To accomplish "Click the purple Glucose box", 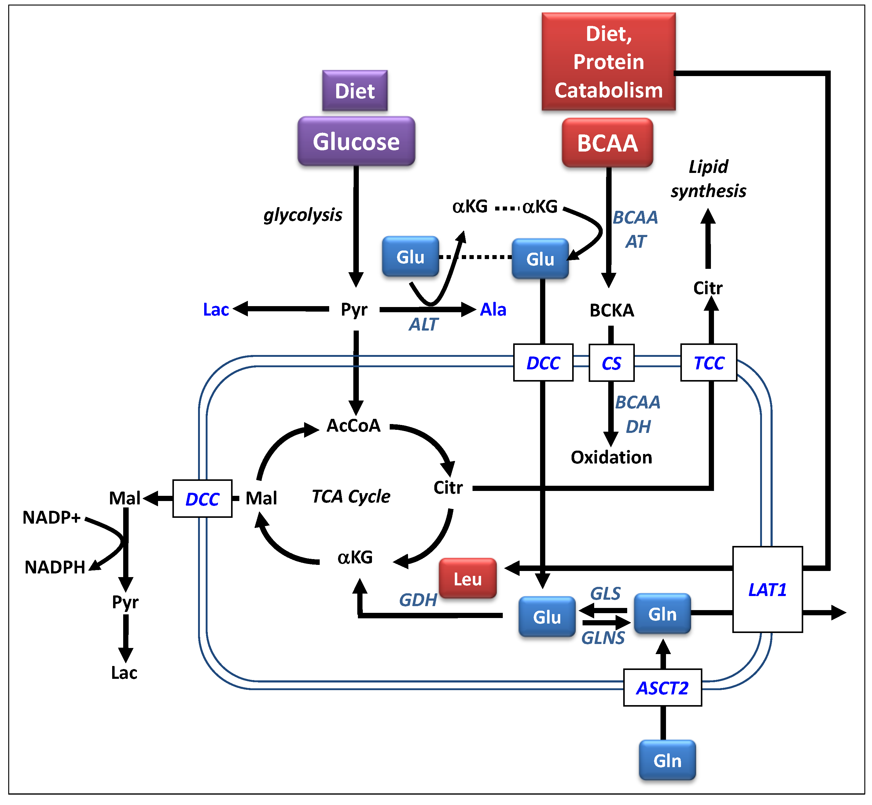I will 356,141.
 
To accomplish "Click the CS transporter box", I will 611,363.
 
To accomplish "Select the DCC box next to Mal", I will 202,499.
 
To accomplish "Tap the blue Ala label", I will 493,309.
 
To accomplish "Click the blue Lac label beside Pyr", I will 216,309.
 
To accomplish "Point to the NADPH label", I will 55,567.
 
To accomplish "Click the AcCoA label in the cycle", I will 353,426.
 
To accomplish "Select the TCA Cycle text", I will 351,496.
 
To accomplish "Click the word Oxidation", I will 611,457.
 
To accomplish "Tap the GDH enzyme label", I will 418,600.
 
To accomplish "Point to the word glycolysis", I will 303,215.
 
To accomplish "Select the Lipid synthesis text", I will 708,179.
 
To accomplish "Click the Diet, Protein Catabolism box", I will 608,61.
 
